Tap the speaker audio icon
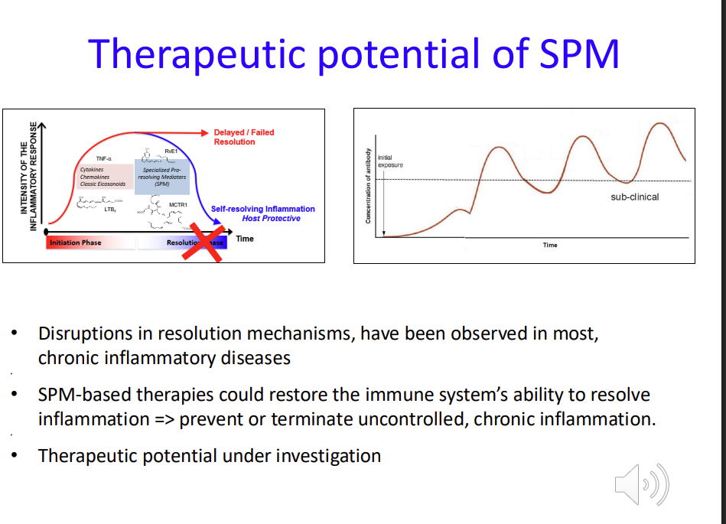pos(641,484)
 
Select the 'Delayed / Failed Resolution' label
pos(243,137)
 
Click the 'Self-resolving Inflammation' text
pos(262,209)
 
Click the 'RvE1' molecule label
pos(171,152)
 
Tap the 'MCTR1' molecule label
pos(178,205)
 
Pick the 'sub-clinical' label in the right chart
pos(634,197)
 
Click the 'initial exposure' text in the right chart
pos(389,161)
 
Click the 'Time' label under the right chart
pos(550,245)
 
